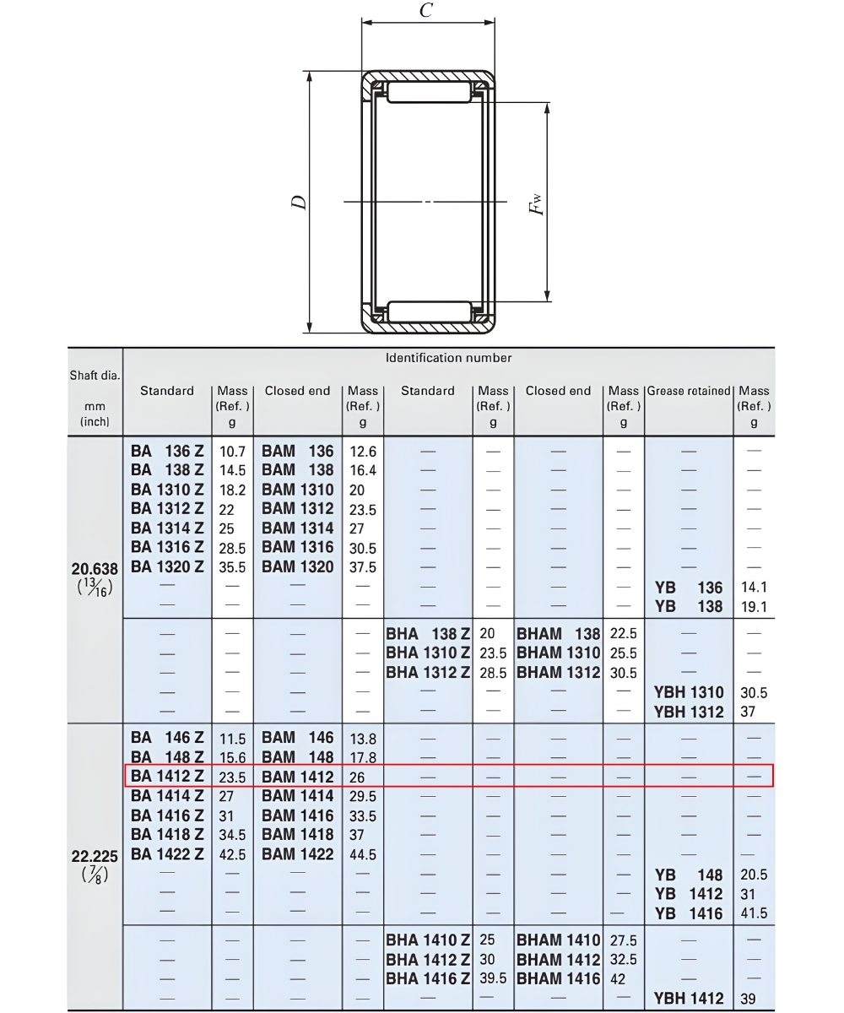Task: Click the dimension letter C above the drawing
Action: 426,9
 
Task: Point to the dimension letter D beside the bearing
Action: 299,203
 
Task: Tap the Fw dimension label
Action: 536,204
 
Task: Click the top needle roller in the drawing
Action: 429,92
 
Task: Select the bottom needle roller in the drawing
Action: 430,312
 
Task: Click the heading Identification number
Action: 448,358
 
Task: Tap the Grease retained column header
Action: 689,391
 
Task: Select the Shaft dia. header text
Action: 95,375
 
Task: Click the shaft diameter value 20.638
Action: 95,569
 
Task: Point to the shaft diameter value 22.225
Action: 95,856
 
